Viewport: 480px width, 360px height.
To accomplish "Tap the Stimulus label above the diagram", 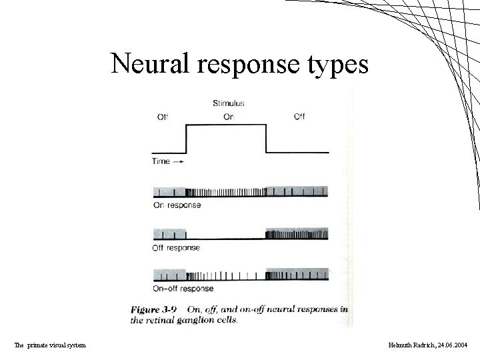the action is (228, 103).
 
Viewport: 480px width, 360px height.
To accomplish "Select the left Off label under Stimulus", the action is (162, 117).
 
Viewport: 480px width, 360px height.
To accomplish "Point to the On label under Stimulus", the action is (228, 117).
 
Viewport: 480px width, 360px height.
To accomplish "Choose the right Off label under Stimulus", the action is (299, 117).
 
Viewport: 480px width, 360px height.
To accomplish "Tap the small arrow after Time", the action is (180, 162).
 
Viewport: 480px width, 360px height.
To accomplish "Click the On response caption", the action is (177, 205).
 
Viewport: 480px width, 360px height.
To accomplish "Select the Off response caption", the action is (177, 247).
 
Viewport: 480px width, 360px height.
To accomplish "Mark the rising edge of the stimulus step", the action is (185, 139).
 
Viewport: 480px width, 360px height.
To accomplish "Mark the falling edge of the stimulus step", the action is (266, 139).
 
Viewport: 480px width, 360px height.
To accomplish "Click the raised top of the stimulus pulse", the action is (226, 125).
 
